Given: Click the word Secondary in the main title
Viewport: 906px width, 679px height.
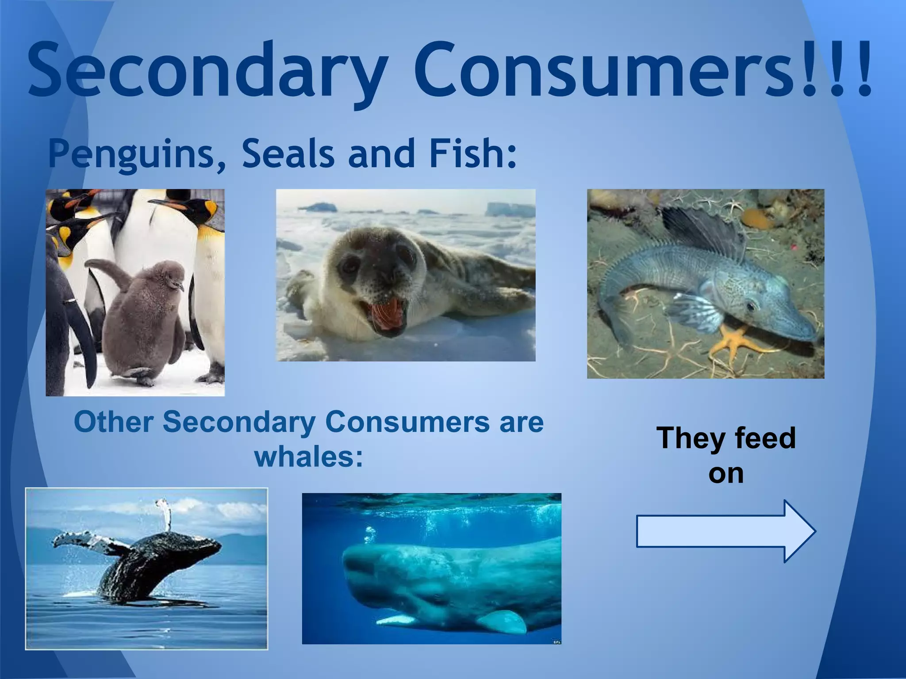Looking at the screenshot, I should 206,71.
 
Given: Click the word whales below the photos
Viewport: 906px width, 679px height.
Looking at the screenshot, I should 309,457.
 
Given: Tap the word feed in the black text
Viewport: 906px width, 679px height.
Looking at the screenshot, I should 765,438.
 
